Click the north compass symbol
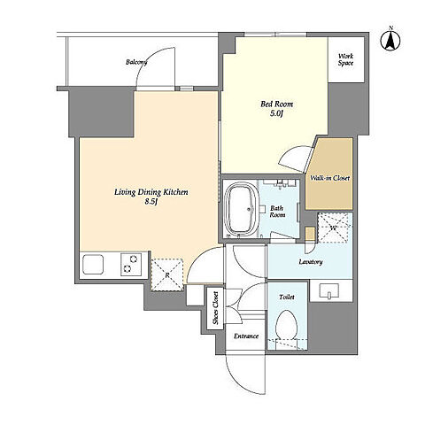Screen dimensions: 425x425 pos(390,40)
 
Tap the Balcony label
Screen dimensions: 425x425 pos(136,62)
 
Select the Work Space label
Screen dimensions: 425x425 pos(346,59)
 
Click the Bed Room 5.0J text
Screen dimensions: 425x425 pos(276,109)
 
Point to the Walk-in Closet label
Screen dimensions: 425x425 pos(329,178)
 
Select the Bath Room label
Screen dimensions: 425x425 pos(277,212)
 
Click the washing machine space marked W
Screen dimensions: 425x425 pos(335,228)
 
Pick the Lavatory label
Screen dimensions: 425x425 pos(311,262)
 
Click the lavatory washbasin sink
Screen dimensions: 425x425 pos(329,291)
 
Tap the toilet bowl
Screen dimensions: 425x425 pos(286,324)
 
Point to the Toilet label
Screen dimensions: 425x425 pos(287,297)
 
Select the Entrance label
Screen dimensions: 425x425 pos(246,336)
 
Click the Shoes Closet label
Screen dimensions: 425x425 pos(216,308)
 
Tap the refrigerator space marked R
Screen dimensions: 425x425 pos(167,275)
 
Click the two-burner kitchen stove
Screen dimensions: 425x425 pos(131,264)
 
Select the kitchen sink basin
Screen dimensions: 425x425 pos(93,265)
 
